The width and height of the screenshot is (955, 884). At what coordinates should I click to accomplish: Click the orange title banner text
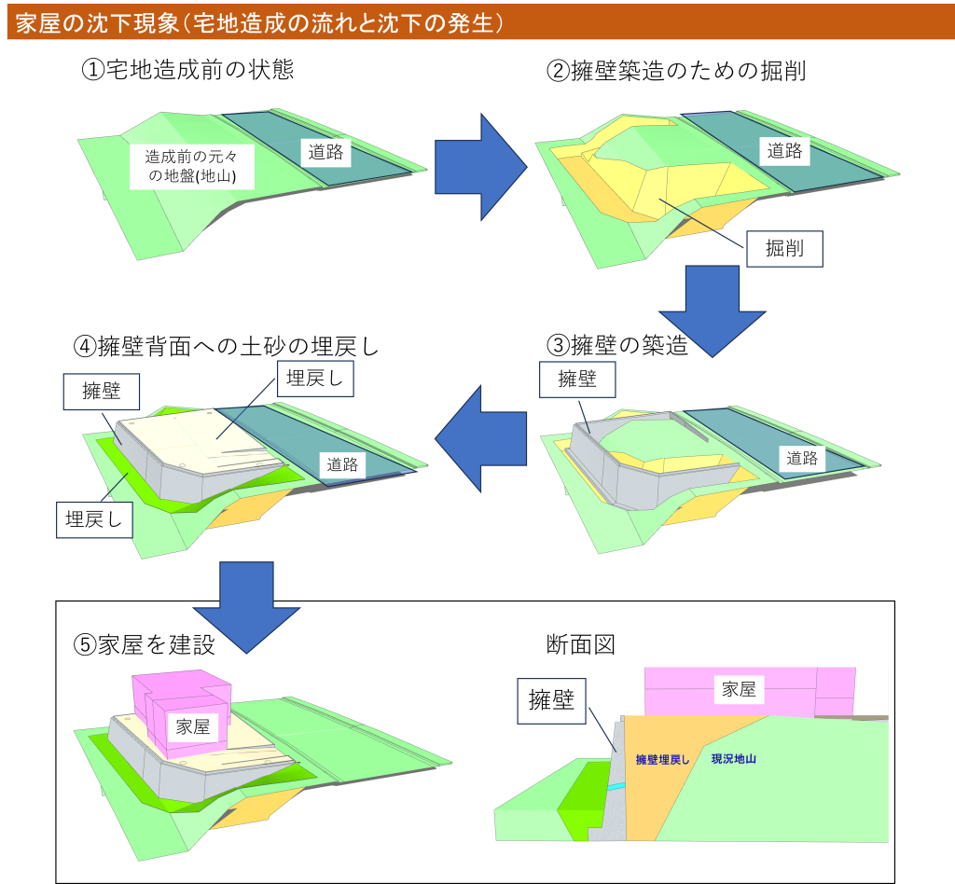point(260,23)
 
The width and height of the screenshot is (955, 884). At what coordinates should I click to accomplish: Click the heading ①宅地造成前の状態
point(187,69)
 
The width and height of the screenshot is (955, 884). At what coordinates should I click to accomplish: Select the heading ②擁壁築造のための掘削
point(676,71)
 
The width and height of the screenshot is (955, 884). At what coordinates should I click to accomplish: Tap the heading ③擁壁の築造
point(617,345)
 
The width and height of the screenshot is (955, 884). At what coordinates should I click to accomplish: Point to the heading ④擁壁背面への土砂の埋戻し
point(226,346)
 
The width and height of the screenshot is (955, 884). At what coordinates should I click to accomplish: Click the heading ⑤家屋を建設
point(145,644)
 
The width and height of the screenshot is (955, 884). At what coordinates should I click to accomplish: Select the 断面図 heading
point(580,644)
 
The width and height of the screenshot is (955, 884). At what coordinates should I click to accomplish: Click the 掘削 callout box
point(784,248)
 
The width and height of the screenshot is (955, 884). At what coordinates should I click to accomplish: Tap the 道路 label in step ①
point(325,152)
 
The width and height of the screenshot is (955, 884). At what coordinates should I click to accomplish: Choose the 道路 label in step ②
point(784,150)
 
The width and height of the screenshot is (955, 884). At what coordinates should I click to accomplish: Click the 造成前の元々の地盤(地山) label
point(192,166)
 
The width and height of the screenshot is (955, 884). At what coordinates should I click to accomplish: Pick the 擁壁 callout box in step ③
point(577,380)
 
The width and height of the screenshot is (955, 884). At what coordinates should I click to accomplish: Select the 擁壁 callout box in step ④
point(101,392)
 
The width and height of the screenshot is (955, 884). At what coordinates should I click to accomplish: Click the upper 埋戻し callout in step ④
point(315,379)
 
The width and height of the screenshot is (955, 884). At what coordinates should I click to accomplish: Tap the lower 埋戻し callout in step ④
point(94,520)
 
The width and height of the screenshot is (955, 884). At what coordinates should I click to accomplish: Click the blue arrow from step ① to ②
point(480,167)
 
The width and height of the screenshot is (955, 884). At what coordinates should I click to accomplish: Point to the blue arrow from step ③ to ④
point(480,438)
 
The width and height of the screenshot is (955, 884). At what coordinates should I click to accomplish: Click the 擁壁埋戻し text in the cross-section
point(662,760)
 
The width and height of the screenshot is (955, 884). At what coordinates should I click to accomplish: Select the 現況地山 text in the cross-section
point(733,759)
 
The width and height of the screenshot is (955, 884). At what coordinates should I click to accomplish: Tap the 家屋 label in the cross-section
point(739,689)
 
